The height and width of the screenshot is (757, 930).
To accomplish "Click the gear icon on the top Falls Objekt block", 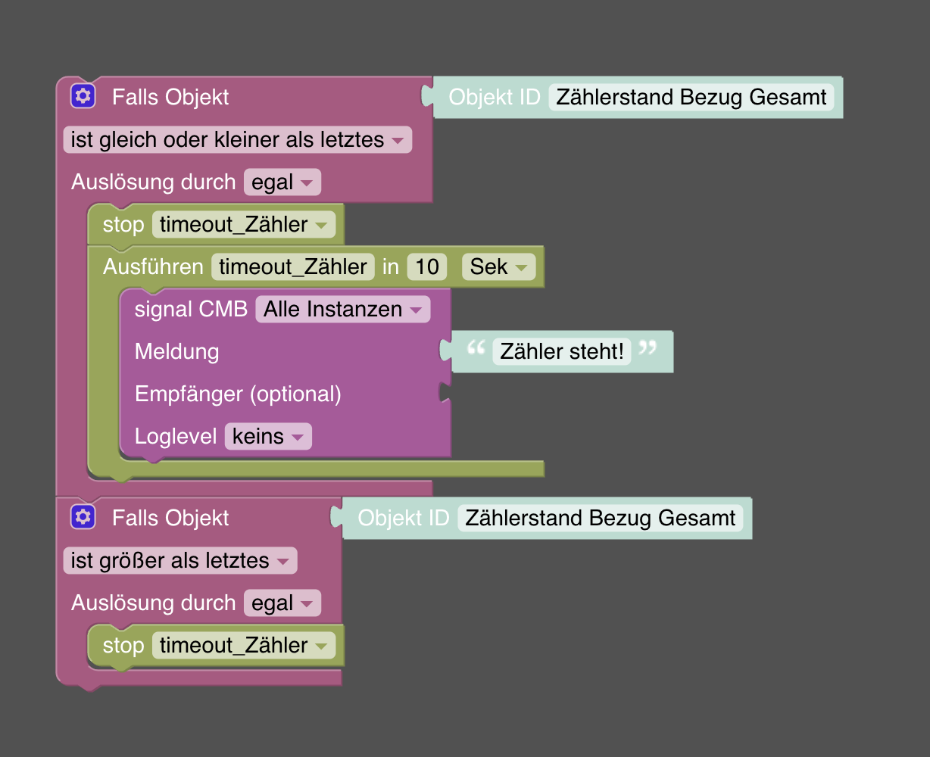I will click(83, 96).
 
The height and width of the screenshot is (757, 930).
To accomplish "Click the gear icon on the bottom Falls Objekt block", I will click(83, 517).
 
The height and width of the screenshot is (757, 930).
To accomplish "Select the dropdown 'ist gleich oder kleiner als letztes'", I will click(237, 140).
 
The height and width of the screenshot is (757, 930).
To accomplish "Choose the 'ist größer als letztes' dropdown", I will click(179, 561).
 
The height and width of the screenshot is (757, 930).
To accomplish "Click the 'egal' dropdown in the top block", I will click(282, 182).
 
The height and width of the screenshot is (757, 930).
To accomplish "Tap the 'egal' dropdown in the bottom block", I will click(282, 603).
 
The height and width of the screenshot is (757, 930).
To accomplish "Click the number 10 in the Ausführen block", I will click(427, 266).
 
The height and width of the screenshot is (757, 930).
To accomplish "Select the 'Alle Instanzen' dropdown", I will click(342, 309).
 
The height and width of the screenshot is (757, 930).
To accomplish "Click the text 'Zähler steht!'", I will click(562, 351).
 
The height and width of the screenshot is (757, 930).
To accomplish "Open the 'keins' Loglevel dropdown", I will click(267, 437).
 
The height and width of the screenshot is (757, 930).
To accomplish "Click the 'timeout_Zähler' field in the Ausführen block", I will click(293, 266).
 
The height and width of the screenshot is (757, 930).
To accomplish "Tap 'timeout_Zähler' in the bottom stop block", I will click(243, 646).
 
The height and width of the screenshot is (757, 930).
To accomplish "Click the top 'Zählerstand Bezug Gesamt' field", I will click(691, 97).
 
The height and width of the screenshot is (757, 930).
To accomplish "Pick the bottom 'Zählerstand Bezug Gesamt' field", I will click(600, 518).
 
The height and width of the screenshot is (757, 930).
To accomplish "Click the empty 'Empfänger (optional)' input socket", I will click(445, 394).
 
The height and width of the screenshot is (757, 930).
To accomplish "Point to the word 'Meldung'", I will click(176, 351).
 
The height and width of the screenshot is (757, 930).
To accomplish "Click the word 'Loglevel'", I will click(176, 437).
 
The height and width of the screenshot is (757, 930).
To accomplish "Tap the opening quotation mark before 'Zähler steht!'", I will click(476, 348).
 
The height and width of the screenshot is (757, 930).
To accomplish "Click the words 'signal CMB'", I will click(191, 309).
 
